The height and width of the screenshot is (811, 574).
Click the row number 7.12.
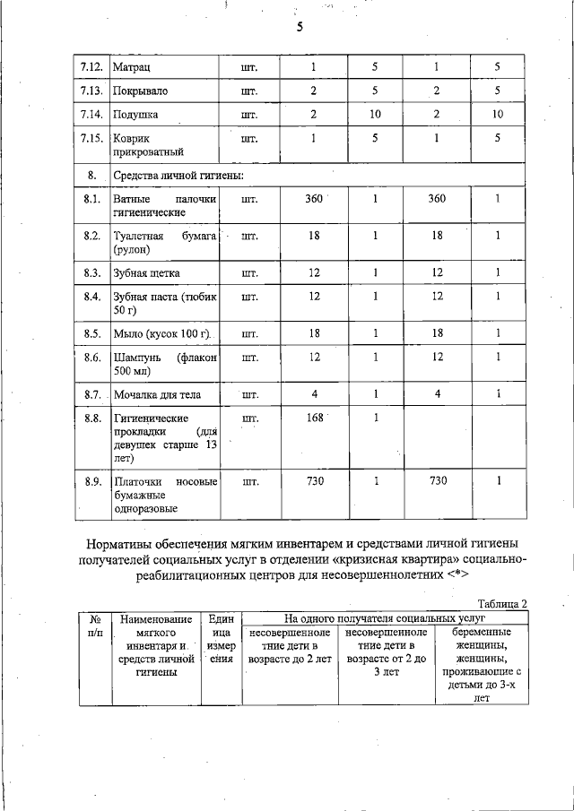click(x=91, y=67)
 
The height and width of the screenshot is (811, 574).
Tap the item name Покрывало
click(x=141, y=91)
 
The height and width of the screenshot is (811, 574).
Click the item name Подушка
click(x=135, y=115)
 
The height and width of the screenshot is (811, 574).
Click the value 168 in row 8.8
click(x=314, y=418)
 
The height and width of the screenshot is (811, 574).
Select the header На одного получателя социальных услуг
click(x=385, y=618)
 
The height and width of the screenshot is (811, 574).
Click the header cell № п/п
click(x=94, y=626)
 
